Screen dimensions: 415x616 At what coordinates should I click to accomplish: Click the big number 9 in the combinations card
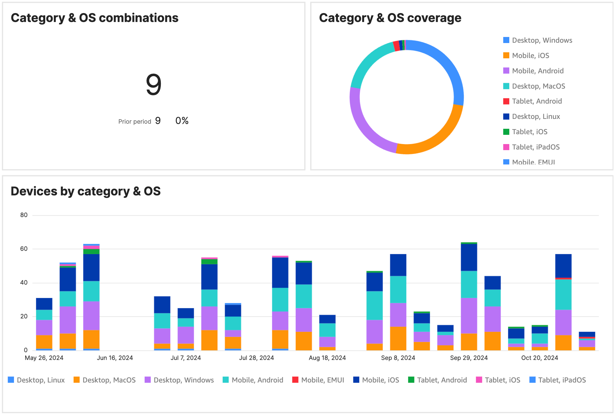pos(154,85)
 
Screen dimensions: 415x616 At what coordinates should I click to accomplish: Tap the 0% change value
pos(182,121)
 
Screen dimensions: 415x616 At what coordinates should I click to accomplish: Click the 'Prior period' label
pos(134,121)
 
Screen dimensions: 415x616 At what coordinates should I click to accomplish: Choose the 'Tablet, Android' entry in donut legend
pos(537,101)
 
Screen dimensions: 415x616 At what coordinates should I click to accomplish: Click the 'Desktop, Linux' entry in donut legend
pos(536,117)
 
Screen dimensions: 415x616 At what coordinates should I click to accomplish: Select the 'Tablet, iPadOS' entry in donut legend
pos(536,147)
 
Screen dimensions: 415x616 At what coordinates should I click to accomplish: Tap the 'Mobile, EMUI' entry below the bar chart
pos(322,380)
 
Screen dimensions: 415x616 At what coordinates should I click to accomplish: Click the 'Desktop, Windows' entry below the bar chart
pos(183,380)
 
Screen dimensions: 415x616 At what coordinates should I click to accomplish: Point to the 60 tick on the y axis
pos(24,249)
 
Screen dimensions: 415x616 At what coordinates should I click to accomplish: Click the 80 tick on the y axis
pos(24,215)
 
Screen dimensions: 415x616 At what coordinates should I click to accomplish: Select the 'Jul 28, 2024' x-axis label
pos(256,358)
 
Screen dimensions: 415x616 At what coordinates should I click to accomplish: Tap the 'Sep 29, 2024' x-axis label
pos(469,358)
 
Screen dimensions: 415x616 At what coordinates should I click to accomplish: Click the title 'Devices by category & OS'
pos(86,191)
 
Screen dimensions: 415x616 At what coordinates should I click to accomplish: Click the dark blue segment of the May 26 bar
pos(44,304)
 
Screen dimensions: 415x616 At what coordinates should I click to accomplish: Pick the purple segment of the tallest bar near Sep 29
pos(469,316)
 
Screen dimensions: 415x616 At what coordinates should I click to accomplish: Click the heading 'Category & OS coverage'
pos(390,18)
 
